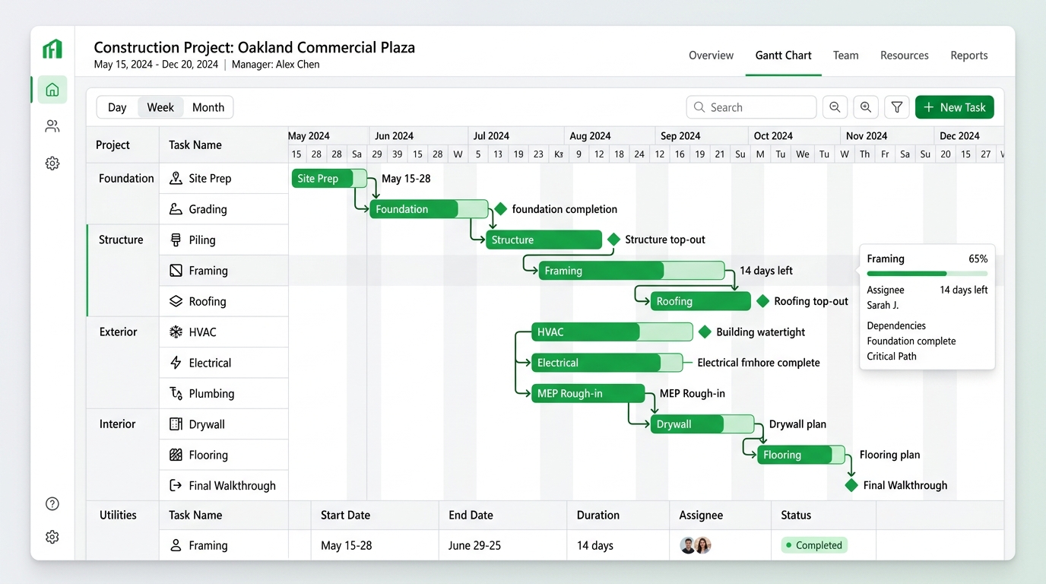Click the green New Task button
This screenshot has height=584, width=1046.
[954, 107]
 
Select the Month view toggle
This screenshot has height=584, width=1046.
[208, 107]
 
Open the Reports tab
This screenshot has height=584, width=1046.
[969, 55]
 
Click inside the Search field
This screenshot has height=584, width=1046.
[751, 107]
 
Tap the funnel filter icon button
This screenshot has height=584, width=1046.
[896, 107]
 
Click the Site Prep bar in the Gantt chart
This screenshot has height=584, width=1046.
[328, 179]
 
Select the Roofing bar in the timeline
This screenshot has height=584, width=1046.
[700, 301]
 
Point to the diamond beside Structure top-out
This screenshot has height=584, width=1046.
[613, 240]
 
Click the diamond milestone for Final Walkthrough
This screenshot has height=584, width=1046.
[851, 485]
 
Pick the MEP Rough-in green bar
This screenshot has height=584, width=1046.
[588, 393]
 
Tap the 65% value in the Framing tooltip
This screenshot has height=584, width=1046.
[978, 259]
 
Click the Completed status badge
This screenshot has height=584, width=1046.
[814, 545]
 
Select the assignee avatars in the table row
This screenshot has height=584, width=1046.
[696, 545]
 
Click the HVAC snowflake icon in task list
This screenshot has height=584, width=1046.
[176, 332]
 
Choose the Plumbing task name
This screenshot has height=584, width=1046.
[211, 394]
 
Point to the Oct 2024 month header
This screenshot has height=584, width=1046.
[773, 136]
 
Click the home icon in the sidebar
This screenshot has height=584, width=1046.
[52, 89]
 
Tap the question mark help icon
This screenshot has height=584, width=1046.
[52, 503]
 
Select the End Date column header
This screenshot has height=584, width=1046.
[471, 515]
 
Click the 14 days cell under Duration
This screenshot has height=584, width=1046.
[595, 545]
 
